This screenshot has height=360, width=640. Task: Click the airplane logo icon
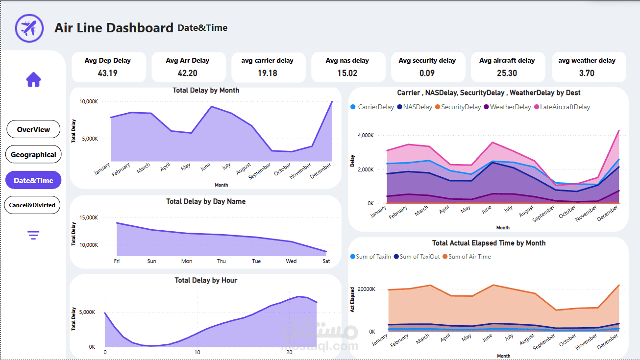(x=29, y=28)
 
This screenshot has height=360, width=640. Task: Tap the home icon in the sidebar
(x=33, y=79)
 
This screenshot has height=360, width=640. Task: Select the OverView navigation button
(x=33, y=130)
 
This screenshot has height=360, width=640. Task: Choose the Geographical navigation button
(x=33, y=155)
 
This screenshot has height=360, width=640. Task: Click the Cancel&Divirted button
(x=32, y=205)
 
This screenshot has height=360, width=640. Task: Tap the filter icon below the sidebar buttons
(x=33, y=236)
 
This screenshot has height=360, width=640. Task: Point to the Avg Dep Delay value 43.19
(x=108, y=73)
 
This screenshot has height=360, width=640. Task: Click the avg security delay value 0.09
(x=427, y=73)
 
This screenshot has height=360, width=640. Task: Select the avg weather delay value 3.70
(x=587, y=73)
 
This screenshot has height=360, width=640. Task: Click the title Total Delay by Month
(x=206, y=91)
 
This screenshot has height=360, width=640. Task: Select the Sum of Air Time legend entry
(x=469, y=257)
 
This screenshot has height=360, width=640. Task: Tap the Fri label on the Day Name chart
(x=117, y=261)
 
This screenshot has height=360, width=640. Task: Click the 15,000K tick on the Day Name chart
(x=89, y=217)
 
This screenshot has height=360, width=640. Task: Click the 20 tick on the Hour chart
(x=289, y=352)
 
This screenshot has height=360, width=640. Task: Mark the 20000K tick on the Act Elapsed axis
(x=365, y=289)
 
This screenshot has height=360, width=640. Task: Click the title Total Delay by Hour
(x=206, y=280)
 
